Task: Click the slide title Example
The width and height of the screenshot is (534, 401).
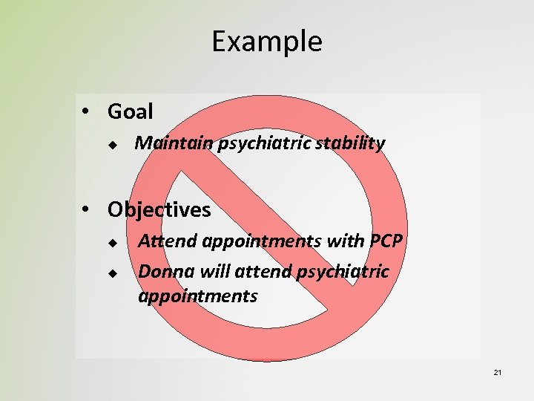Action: [x=267, y=42]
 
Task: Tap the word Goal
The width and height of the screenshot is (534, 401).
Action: [x=130, y=112]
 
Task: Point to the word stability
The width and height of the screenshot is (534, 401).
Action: [x=351, y=143]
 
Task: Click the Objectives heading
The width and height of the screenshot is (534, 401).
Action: [x=159, y=210]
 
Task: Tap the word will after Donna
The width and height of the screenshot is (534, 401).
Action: [x=206, y=272]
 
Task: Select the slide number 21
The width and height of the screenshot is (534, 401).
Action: [x=498, y=371]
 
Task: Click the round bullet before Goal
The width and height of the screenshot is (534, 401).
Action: [x=87, y=112]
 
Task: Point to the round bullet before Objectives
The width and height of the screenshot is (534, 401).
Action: [x=87, y=210]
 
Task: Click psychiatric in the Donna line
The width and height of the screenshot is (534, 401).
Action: [x=342, y=272]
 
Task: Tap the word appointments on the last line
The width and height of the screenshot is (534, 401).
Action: [x=197, y=297]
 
